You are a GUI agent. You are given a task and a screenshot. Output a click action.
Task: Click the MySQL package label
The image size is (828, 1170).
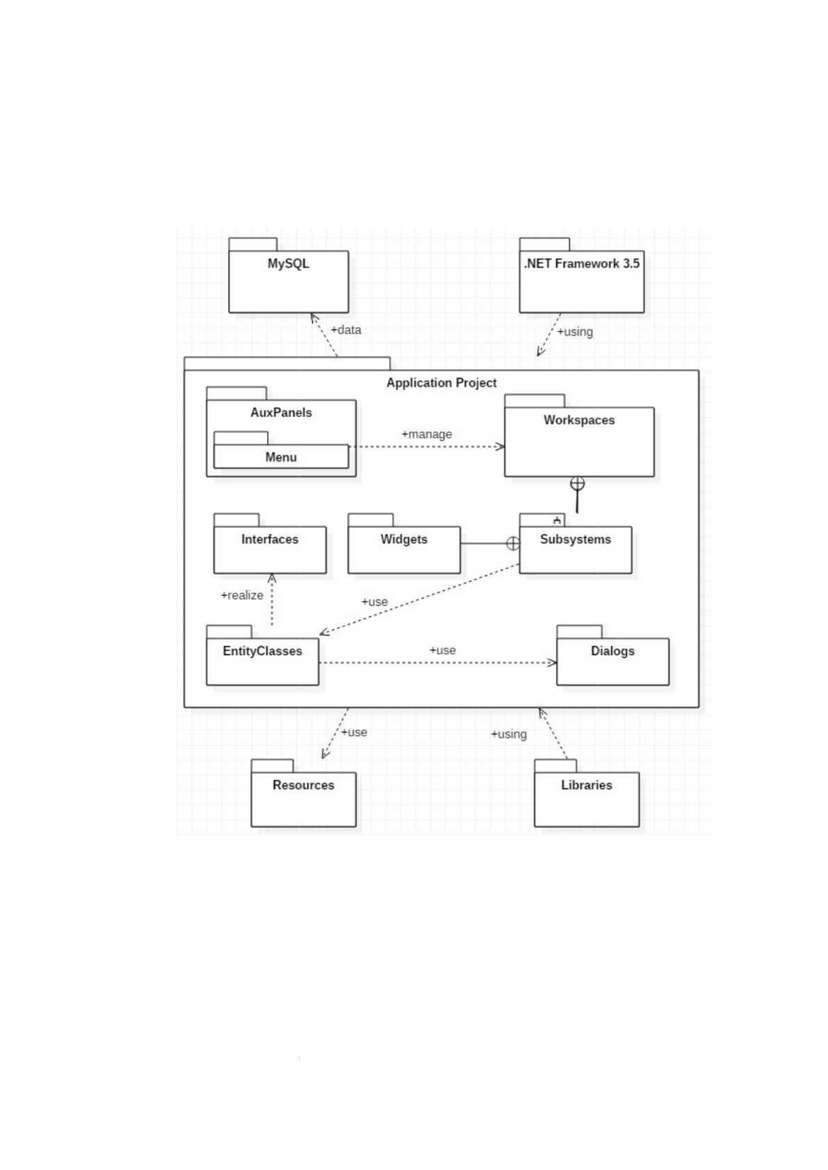[x=288, y=264]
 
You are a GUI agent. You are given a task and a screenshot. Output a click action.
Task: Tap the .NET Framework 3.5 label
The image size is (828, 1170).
[x=582, y=264]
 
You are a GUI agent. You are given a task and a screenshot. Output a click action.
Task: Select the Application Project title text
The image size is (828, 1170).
[x=441, y=383]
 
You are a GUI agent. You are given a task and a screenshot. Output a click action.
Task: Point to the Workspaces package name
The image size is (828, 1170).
[x=579, y=420]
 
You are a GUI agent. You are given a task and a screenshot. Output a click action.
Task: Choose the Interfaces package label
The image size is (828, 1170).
[x=270, y=539]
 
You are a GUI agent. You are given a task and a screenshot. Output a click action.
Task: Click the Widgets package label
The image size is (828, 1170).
[x=404, y=539]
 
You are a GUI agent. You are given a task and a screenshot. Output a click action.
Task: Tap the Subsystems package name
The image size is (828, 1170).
[x=576, y=539]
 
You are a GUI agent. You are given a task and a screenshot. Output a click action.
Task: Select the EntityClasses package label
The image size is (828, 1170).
[x=262, y=651]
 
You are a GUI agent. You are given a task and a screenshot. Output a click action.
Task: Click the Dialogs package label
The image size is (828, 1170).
[x=612, y=651]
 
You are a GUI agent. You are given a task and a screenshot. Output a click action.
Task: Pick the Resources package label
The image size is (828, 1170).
[x=303, y=785]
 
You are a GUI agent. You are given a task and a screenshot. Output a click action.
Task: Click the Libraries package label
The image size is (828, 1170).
[x=587, y=785]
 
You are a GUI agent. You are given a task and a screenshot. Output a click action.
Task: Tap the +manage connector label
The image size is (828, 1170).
[x=427, y=434]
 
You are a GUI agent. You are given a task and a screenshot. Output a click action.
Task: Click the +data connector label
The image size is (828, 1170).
[x=346, y=330]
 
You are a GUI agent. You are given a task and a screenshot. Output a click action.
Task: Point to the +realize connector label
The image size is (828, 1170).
[x=242, y=595]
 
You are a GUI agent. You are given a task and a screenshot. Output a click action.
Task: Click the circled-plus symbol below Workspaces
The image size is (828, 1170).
[x=577, y=484]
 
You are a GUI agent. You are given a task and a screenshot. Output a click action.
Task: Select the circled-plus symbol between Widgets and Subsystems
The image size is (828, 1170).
[x=513, y=544]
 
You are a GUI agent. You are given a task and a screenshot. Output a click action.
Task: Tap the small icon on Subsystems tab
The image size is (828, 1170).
[x=558, y=520]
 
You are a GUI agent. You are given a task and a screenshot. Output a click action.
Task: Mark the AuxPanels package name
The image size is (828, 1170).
[x=282, y=413]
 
